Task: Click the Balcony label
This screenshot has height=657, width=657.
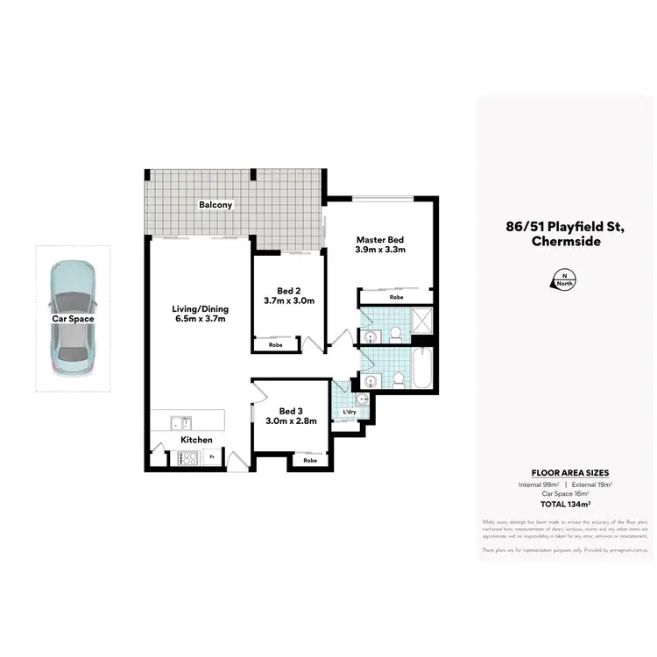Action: click(215, 205)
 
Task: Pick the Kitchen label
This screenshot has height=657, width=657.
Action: click(197, 440)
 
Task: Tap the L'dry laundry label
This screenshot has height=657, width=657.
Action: click(349, 412)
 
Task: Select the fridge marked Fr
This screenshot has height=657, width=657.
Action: click(211, 456)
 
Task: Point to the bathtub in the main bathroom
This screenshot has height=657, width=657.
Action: click(422, 369)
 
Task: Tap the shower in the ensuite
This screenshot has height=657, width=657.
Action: click(423, 321)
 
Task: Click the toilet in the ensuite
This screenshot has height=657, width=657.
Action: click(396, 333)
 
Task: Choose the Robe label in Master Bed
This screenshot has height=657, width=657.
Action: click(396, 297)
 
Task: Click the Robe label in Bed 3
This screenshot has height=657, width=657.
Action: click(310, 460)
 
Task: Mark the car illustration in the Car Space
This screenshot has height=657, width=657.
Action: click(74, 318)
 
